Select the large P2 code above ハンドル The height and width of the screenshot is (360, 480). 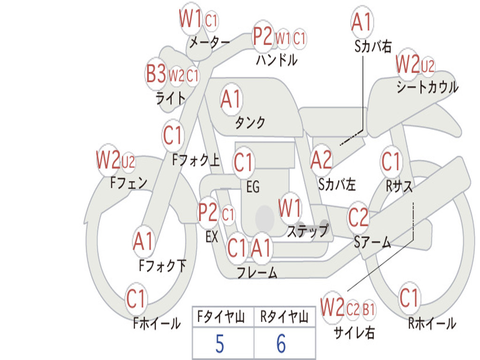262,37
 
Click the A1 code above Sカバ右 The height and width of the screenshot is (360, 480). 362,22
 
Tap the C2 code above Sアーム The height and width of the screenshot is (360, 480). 358,217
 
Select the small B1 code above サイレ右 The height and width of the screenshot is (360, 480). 368,309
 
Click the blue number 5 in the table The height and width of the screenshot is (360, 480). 220,344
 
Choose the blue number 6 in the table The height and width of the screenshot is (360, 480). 281,344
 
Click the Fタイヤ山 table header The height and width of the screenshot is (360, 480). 221,316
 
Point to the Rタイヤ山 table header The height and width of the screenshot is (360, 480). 284,316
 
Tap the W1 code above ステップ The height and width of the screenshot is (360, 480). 289,208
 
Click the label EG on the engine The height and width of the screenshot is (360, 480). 253,187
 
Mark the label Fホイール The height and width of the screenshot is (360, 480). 157,323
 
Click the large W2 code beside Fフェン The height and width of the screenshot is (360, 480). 108,160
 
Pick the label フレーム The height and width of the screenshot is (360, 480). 257,272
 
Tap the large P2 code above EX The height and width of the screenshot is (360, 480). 208,212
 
